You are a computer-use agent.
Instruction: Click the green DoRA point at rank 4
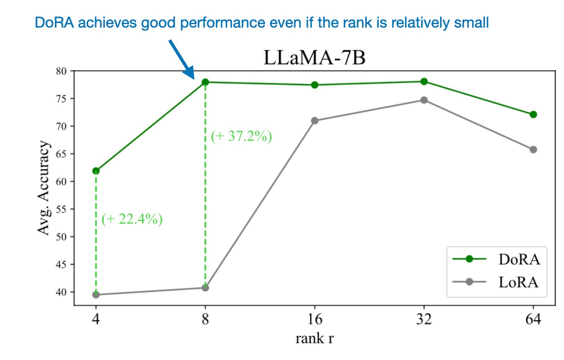[x=96, y=171]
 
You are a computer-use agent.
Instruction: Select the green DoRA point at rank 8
[x=205, y=82]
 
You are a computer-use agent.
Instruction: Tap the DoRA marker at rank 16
[x=315, y=85]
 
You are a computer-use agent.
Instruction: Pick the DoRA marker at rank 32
[x=424, y=82]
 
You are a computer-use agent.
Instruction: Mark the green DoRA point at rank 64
[x=533, y=115]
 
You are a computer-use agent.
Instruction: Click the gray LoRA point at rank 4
[x=96, y=295]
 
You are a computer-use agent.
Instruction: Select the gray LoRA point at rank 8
[x=205, y=288]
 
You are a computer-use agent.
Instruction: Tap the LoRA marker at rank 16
[x=315, y=121]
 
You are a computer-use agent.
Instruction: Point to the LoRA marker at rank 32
[x=424, y=100]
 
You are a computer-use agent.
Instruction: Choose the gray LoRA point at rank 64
[x=533, y=150]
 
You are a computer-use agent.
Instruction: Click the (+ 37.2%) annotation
[x=241, y=137]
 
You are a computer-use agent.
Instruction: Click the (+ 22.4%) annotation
[x=132, y=220]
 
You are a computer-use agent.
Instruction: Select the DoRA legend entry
[x=496, y=259]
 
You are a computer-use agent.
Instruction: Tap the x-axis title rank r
[x=315, y=339]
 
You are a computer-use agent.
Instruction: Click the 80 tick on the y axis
[x=63, y=71]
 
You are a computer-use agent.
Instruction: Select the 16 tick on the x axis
[x=315, y=320]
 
